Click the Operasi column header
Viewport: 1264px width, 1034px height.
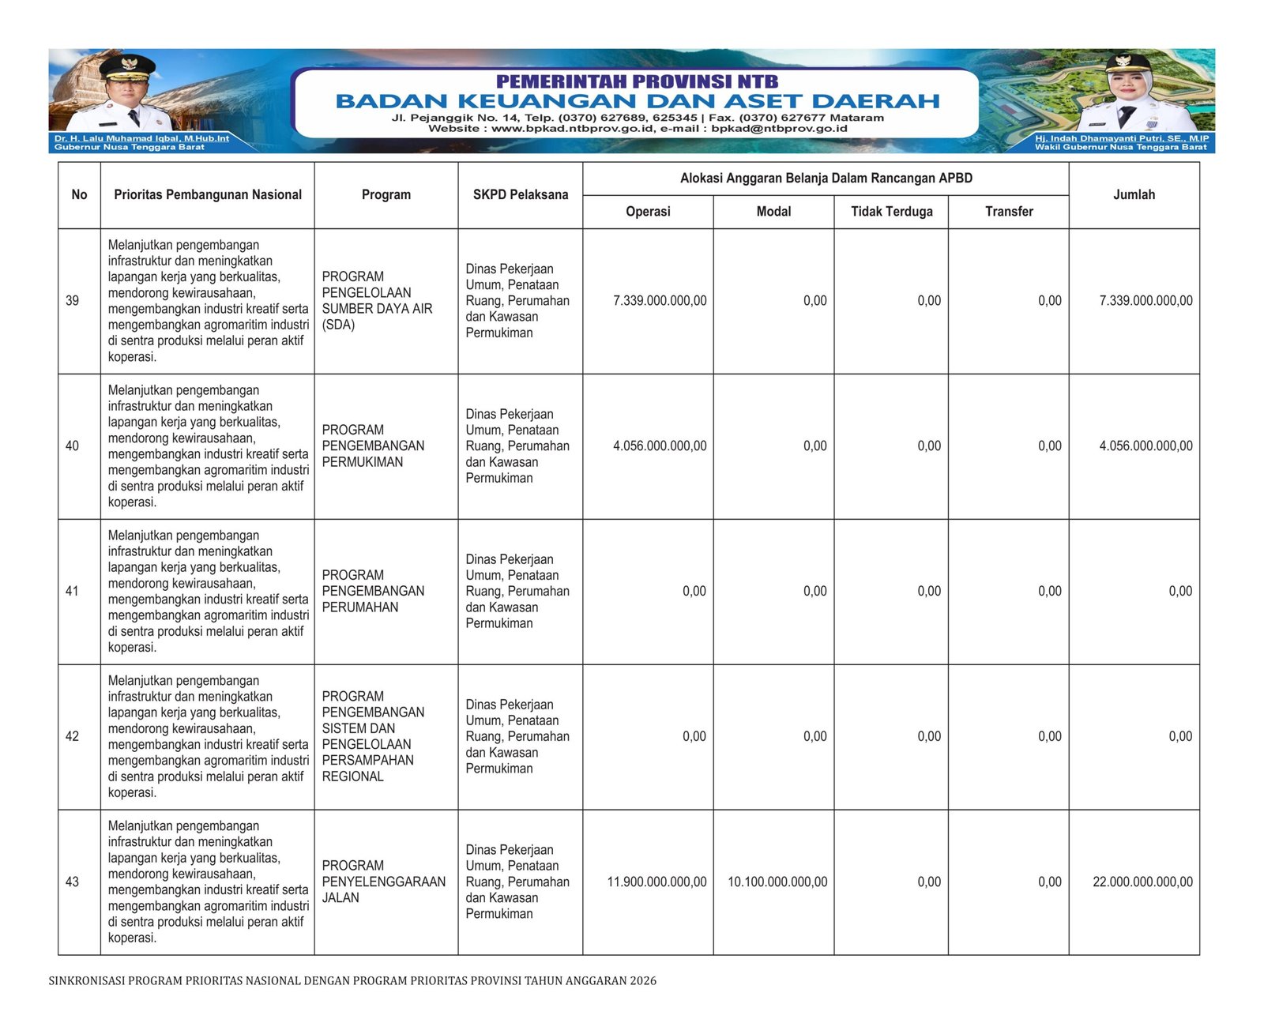pyautogui.click(x=648, y=212)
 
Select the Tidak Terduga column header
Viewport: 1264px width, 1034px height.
pyautogui.click(x=891, y=212)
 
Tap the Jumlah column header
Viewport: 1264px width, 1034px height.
pyautogui.click(x=1134, y=195)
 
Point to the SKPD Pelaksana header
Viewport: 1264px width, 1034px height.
pyautogui.click(x=521, y=195)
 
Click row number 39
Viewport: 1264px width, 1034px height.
pyautogui.click(x=73, y=301)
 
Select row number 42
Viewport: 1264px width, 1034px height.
pyautogui.click(x=73, y=737)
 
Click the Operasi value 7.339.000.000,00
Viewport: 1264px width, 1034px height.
pyautogui.click(x=660, y=301)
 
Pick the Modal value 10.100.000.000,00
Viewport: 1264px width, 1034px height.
pyautogui.click(x=777, y=882)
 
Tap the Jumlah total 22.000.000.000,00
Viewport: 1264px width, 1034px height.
pyautogui.click(x=1142, y=882)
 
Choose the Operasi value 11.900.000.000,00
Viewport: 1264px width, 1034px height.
pyautogui.click(x=656, y=882)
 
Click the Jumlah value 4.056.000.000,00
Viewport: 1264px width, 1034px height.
pyautogui.click(x=1145, y=446)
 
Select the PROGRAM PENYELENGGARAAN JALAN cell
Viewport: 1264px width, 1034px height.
pyautogui.click(x=383, y=882)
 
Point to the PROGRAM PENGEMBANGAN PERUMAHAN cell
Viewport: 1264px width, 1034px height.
pyautogui.click(x=373, y=592)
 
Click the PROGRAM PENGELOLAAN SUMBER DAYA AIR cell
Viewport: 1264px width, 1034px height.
pyautogui.click(x=377, y=301)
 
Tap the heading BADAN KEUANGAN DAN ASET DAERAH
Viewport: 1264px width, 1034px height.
pyautogui.click(x=638, y=101)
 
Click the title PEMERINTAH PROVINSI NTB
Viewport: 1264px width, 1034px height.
pyautogui.click(x=638, y=81)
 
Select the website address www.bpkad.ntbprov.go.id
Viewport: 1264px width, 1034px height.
pyautogui.click(x=573, y=129)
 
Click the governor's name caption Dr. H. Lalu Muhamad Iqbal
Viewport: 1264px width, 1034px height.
pyautogui.click(x=141, y=138)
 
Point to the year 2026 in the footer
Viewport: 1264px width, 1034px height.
pyautogui.click(x=643, y=981)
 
